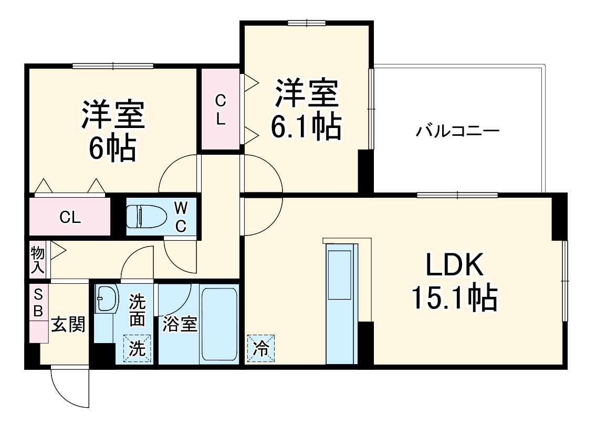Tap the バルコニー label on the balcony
pyautogui.click(x=457, y=131)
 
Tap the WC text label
pyautogui.click(x=181, y=217)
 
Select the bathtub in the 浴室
pyautogui.click(x=219, y=324)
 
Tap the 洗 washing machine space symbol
pyautogui.click(x=137, y=348)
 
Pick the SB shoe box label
pyautogui.click(x=38, y=302)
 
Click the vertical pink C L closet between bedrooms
pyautogui.click(x=221, y=109)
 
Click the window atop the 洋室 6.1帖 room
pyautogui.click(x=307, y=23)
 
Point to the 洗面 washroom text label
pyautogui.click(x=138, y=311)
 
